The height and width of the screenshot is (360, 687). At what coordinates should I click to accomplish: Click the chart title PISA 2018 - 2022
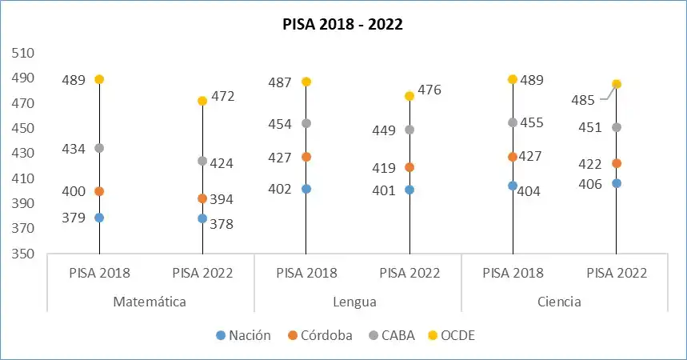click(342, 24)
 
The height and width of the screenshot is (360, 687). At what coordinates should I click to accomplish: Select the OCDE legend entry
click(452, 335)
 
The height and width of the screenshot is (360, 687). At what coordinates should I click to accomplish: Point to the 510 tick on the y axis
click(23, 53)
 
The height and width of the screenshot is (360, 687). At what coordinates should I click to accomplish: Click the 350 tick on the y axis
click(23, 254)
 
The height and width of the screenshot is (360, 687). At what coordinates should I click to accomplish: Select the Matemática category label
click(150, 302)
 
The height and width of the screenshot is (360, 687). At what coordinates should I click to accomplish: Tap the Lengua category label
click(357, 302)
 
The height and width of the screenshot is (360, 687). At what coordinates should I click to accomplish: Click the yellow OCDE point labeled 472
click(202, 101)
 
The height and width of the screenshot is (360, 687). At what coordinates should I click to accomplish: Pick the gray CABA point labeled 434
click(99, 148)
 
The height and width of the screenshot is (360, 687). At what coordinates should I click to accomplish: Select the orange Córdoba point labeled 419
click(409, 167)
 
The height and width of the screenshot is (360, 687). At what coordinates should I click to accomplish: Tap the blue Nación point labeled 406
click(616, 183)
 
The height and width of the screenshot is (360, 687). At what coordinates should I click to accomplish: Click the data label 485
click(583, 100)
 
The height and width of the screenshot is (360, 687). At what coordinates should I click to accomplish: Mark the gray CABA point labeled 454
click(306, 123)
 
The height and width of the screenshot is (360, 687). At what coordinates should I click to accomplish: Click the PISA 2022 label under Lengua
click(409, 273)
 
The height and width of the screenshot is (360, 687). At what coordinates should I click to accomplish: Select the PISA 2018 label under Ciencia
click(513, 273)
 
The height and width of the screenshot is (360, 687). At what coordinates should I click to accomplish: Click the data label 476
click(429, 90)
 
